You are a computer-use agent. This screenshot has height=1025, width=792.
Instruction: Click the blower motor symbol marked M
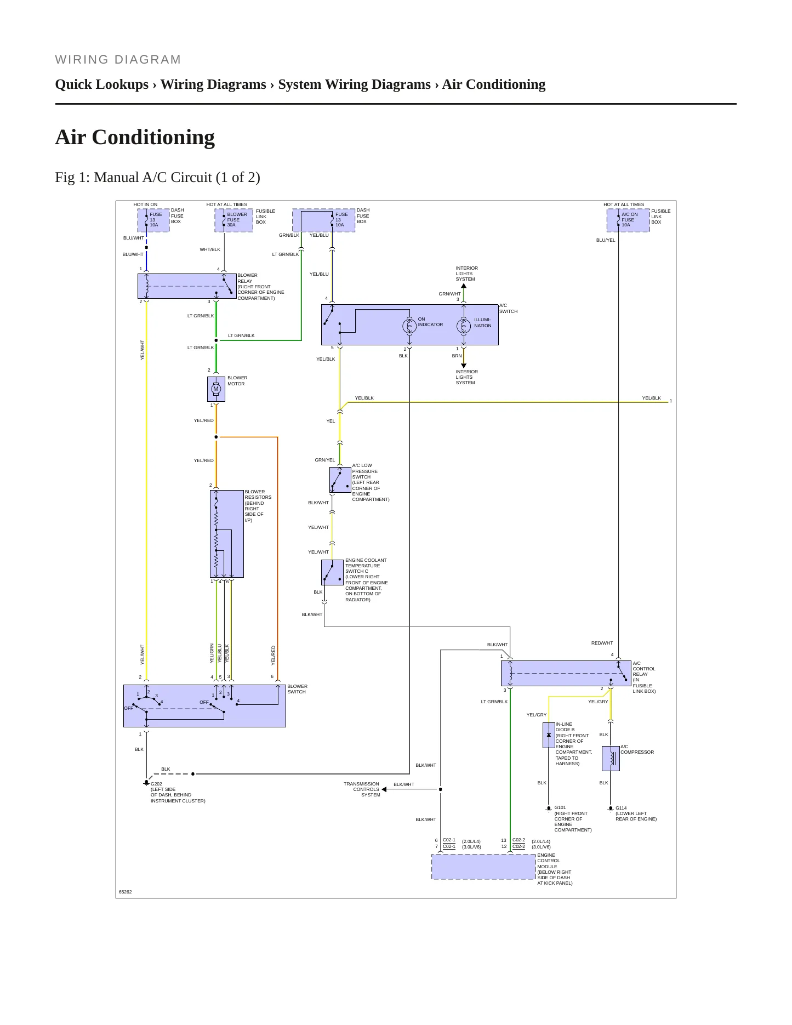tap(216, 389)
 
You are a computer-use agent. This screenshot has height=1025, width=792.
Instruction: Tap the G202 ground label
tap(157, 784)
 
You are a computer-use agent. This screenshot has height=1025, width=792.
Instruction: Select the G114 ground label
tap(621, 808)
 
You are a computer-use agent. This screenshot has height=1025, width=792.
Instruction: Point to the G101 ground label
tap(560, 807)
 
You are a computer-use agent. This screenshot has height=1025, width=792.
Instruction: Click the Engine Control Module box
tap(483, 867)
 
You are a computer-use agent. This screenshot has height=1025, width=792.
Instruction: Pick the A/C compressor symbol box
tap(611, 759)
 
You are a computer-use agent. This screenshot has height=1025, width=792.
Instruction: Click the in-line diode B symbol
tap(549, 735)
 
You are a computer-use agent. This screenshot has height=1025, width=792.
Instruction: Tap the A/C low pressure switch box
tap(340, 480)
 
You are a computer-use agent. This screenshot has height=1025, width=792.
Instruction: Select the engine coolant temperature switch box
tap(332, 572)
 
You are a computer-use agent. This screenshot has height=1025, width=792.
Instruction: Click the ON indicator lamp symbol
tap(409, 326)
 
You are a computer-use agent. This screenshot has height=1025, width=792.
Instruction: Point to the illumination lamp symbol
tap(464, 326)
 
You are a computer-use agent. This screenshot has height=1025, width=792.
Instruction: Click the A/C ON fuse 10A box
tap(628, 220)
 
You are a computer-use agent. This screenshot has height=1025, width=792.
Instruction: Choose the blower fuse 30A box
tap(233, 220)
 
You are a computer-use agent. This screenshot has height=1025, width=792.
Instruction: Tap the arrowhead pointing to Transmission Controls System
tap(384, 789)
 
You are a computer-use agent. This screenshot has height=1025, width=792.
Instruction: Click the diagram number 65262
tap(126, 892)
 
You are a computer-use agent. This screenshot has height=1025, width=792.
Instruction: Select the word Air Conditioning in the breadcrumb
tap(494, 84)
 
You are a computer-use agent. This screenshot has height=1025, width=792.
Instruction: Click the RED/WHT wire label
tap(602, 643)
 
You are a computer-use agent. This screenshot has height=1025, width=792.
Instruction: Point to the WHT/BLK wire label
tap(210, 249)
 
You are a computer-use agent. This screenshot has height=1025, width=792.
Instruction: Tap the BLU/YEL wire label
tap(606, 240)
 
